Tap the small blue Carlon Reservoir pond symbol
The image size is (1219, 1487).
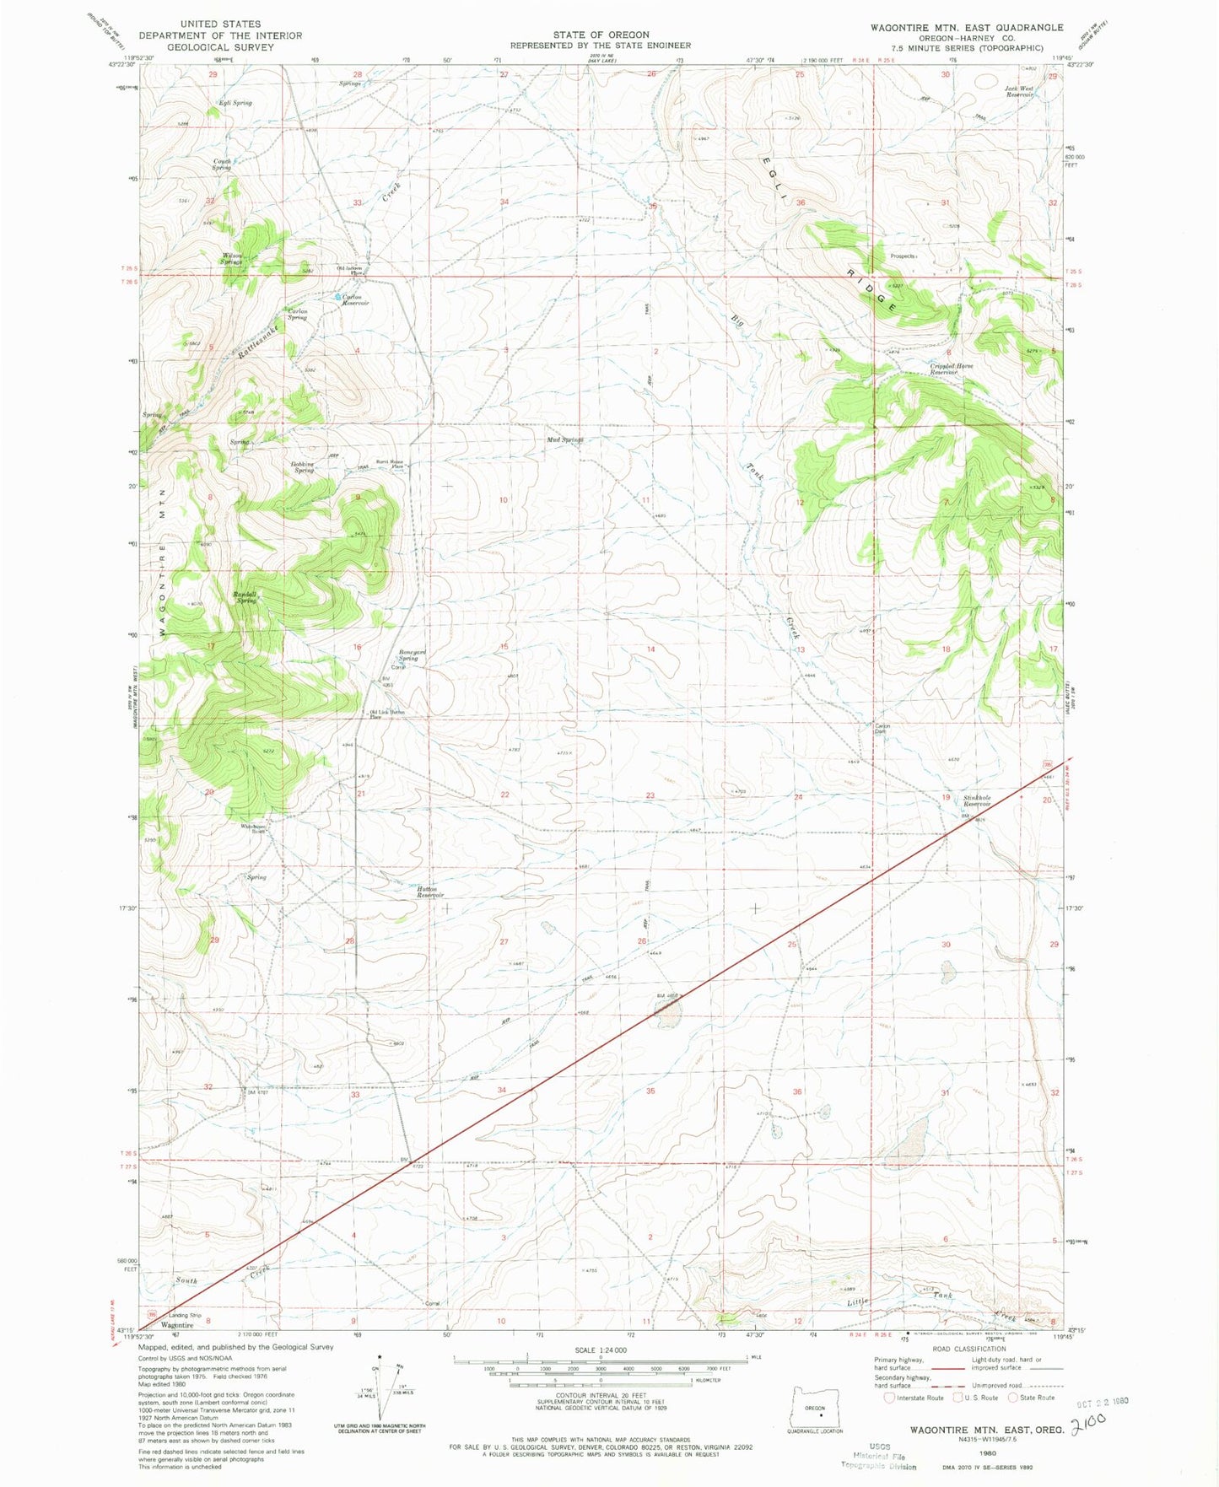[338, 297]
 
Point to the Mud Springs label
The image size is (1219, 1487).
[564, 439]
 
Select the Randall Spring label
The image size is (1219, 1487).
[245, 597]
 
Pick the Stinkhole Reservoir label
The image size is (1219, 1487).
[977, 800]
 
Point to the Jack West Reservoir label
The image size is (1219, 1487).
[1019, 91]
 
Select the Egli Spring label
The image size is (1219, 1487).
[235, 103]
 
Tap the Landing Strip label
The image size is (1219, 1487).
[185, 1315]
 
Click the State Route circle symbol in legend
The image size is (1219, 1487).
[1012, 1398]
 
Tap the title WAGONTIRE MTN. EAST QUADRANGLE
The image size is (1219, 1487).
[967, 28]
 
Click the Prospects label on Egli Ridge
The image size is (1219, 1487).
[902, 256]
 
